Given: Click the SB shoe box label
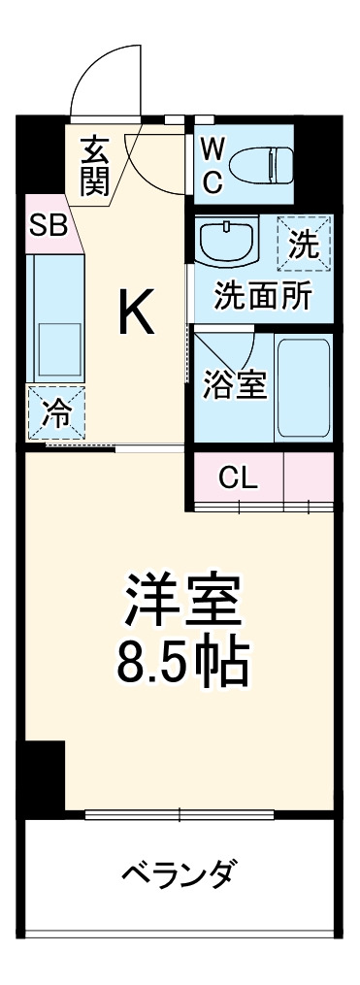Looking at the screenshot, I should point(47,226).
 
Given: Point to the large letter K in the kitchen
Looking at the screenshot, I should point(136,312).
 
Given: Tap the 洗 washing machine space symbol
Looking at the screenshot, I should point(305,243).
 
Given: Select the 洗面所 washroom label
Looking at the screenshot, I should point(263,295).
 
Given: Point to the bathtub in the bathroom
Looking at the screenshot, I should point(304,387).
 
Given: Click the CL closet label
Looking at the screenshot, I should point(238,476).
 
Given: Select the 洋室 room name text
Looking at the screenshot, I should point(180,603).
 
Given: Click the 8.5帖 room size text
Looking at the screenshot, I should point(180,665).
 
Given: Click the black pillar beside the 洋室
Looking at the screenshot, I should point(43,776).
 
